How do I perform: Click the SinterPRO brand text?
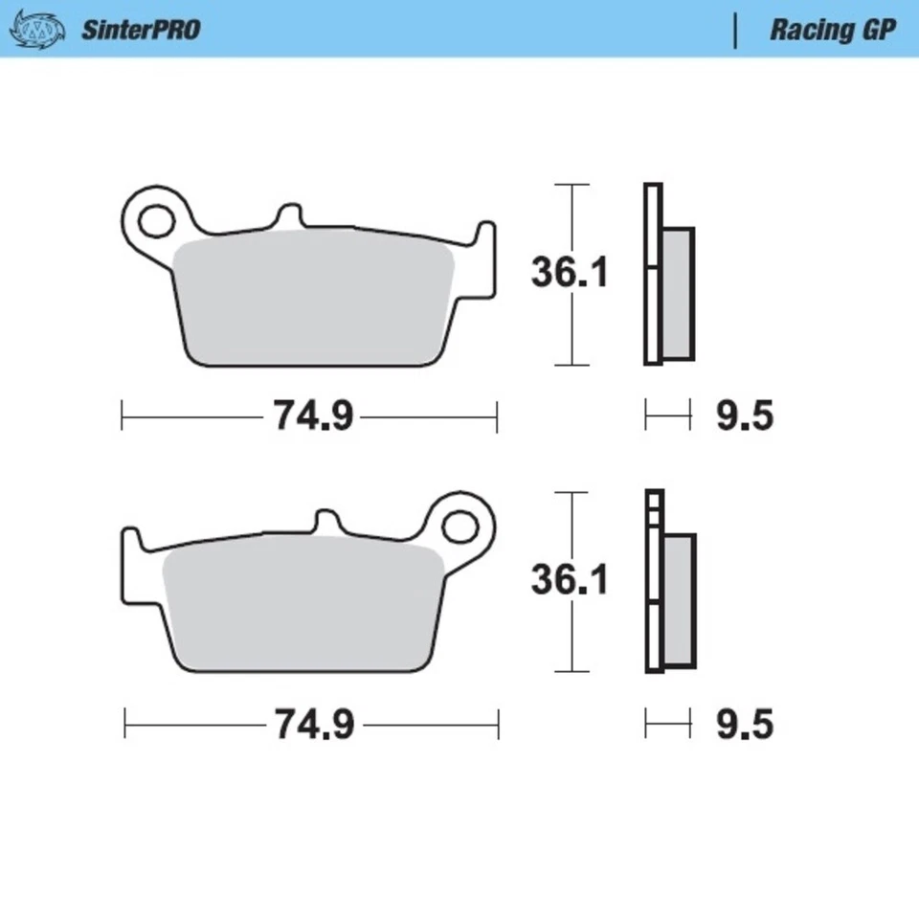pyautogui.click(x=140, y=30)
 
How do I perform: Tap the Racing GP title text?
pyautogui.click(x=832, y=30)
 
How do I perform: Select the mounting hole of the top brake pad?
pyautogui.click(x=153, y=220)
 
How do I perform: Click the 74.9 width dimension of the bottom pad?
pyautogui.click(x=314, y=725)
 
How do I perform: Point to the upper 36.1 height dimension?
pyautogui.click(x=570, y=274)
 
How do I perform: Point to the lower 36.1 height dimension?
pyautogui.click(x=570, y=580)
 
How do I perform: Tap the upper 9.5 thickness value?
pyautogui.click(x=744, y=416)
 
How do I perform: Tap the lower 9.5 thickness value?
pyautogui.click(x=744, y=725)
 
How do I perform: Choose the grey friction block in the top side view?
pyautogui.click(x=678, y=294)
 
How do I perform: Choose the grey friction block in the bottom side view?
pyautogui.click(x=679, y=600)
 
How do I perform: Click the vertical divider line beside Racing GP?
pyautogui.click(x=735, y=30)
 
